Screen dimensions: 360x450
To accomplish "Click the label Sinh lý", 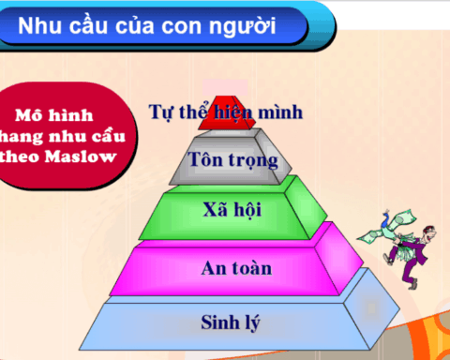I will click(230, 324).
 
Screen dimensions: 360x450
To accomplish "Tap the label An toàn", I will click(236, 269).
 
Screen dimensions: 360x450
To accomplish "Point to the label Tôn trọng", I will click(233, 159).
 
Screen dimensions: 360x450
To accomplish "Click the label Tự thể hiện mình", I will click(226, 112).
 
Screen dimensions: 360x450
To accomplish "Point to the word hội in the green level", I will click(252, 209).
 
